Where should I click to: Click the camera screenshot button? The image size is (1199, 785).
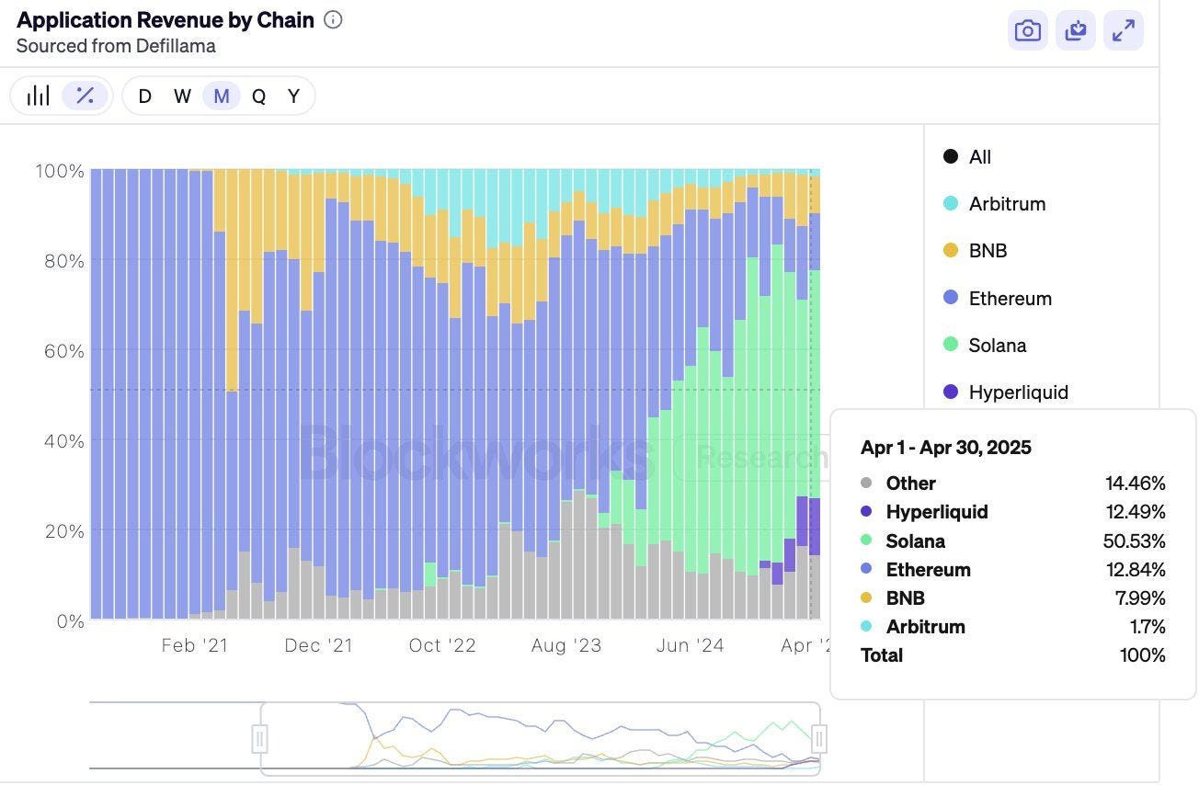pos(1028,31)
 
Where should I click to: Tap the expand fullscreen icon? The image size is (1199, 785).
pos(1123,31)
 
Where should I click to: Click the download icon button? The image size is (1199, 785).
pos(1076,31)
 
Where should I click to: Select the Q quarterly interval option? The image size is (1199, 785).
pos(258,97)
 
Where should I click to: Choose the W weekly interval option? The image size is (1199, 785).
pos(182,97)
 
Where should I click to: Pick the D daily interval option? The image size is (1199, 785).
pos(144,97)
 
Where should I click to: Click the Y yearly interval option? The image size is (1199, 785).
pos(293,97)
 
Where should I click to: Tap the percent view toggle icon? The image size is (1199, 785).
pos(85,96)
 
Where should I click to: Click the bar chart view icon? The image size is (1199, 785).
pos(38,96)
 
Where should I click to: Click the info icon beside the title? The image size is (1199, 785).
pos(333,20)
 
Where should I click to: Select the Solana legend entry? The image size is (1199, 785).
pos(997,346)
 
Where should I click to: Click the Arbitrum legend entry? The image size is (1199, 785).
pos(1006,204)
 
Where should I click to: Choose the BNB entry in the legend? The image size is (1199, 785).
pos(987,251)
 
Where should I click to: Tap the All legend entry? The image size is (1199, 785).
pos(979,157)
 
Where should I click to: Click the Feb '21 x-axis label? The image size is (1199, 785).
pos(194,646)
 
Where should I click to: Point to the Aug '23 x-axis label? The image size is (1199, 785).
pos(565,646)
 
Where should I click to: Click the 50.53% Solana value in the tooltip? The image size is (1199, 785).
pos(1134,541)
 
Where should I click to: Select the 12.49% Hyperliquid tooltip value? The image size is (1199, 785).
pos(1135,512)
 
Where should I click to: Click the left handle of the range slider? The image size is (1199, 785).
pos(260,738)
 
